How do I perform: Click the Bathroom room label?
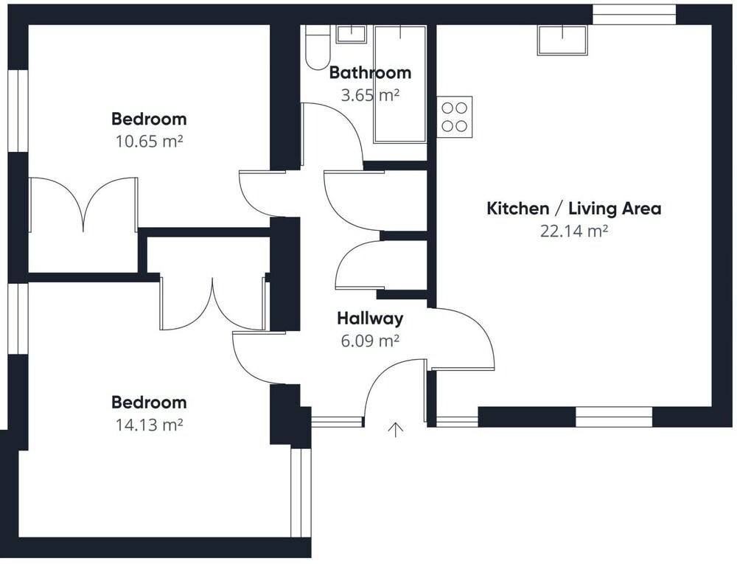coord(371,73)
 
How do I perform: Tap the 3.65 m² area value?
coord(371,95)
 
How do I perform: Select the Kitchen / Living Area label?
coord(574,208)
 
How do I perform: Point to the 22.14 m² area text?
coord(574,231)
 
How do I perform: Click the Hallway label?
coord(371,318)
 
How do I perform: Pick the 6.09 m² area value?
coord(371,341)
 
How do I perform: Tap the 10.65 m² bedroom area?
coord(149,141)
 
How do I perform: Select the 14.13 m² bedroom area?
coord(149,425)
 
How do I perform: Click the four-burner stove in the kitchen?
coord(455,117)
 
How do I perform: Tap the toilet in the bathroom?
coord(317,47)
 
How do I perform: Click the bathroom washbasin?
coord(351,34)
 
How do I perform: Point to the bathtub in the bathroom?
coord(400,84)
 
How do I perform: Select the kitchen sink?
coord(562,40)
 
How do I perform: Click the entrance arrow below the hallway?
coord(396,430)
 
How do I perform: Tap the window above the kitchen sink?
coord(634,15)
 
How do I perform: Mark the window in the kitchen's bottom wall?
coord(614,417)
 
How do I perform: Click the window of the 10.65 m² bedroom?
coord(18,111)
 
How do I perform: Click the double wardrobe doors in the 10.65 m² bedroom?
coord(84,205)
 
